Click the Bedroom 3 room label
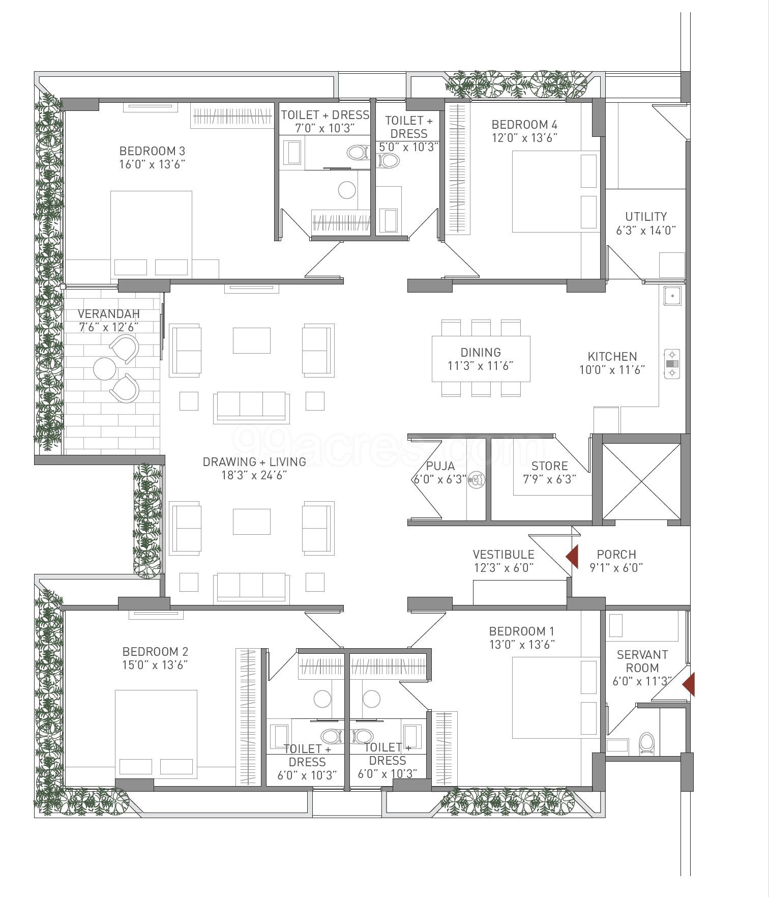pyautogui.click(x=152, y=151)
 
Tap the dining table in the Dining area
pyautogui.click(x=481, y=359)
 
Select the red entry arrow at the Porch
pyautogui.click(x=572, y=557)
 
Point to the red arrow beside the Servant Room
pyautogui.click(x=689, y=684)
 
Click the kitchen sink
pyautogui.click(x=672, y=296)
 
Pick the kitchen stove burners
pyautogui.click(x=672, y=364)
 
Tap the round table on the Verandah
pyautogui.click(x=105, y=369)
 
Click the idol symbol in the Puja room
pyautogui.click(x=477, y=480)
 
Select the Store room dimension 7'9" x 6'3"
pyautogui.click(x=550, y=479)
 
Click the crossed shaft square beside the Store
pyautogui.click(x=641, y=481)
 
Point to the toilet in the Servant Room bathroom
pyautogui.click(x=646, y=743)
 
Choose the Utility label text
pyautogui.click(x=646, y=217)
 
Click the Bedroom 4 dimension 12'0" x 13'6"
pyautogui.click(x=524, y=138)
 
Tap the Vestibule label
pyautogui.click(x=504, y=555)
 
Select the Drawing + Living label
pyautogui.click(x=254, y=462)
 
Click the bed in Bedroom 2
pyautogui.click(x=156, y=734)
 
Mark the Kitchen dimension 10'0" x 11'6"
pyautogui.click(x=612, y=370)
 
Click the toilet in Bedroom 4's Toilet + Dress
pyautogui.click(x=388, y=161)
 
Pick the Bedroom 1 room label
pyautogui.click(x=522, y=631)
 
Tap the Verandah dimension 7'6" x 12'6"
pyautogui.click(x=109, y=327)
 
